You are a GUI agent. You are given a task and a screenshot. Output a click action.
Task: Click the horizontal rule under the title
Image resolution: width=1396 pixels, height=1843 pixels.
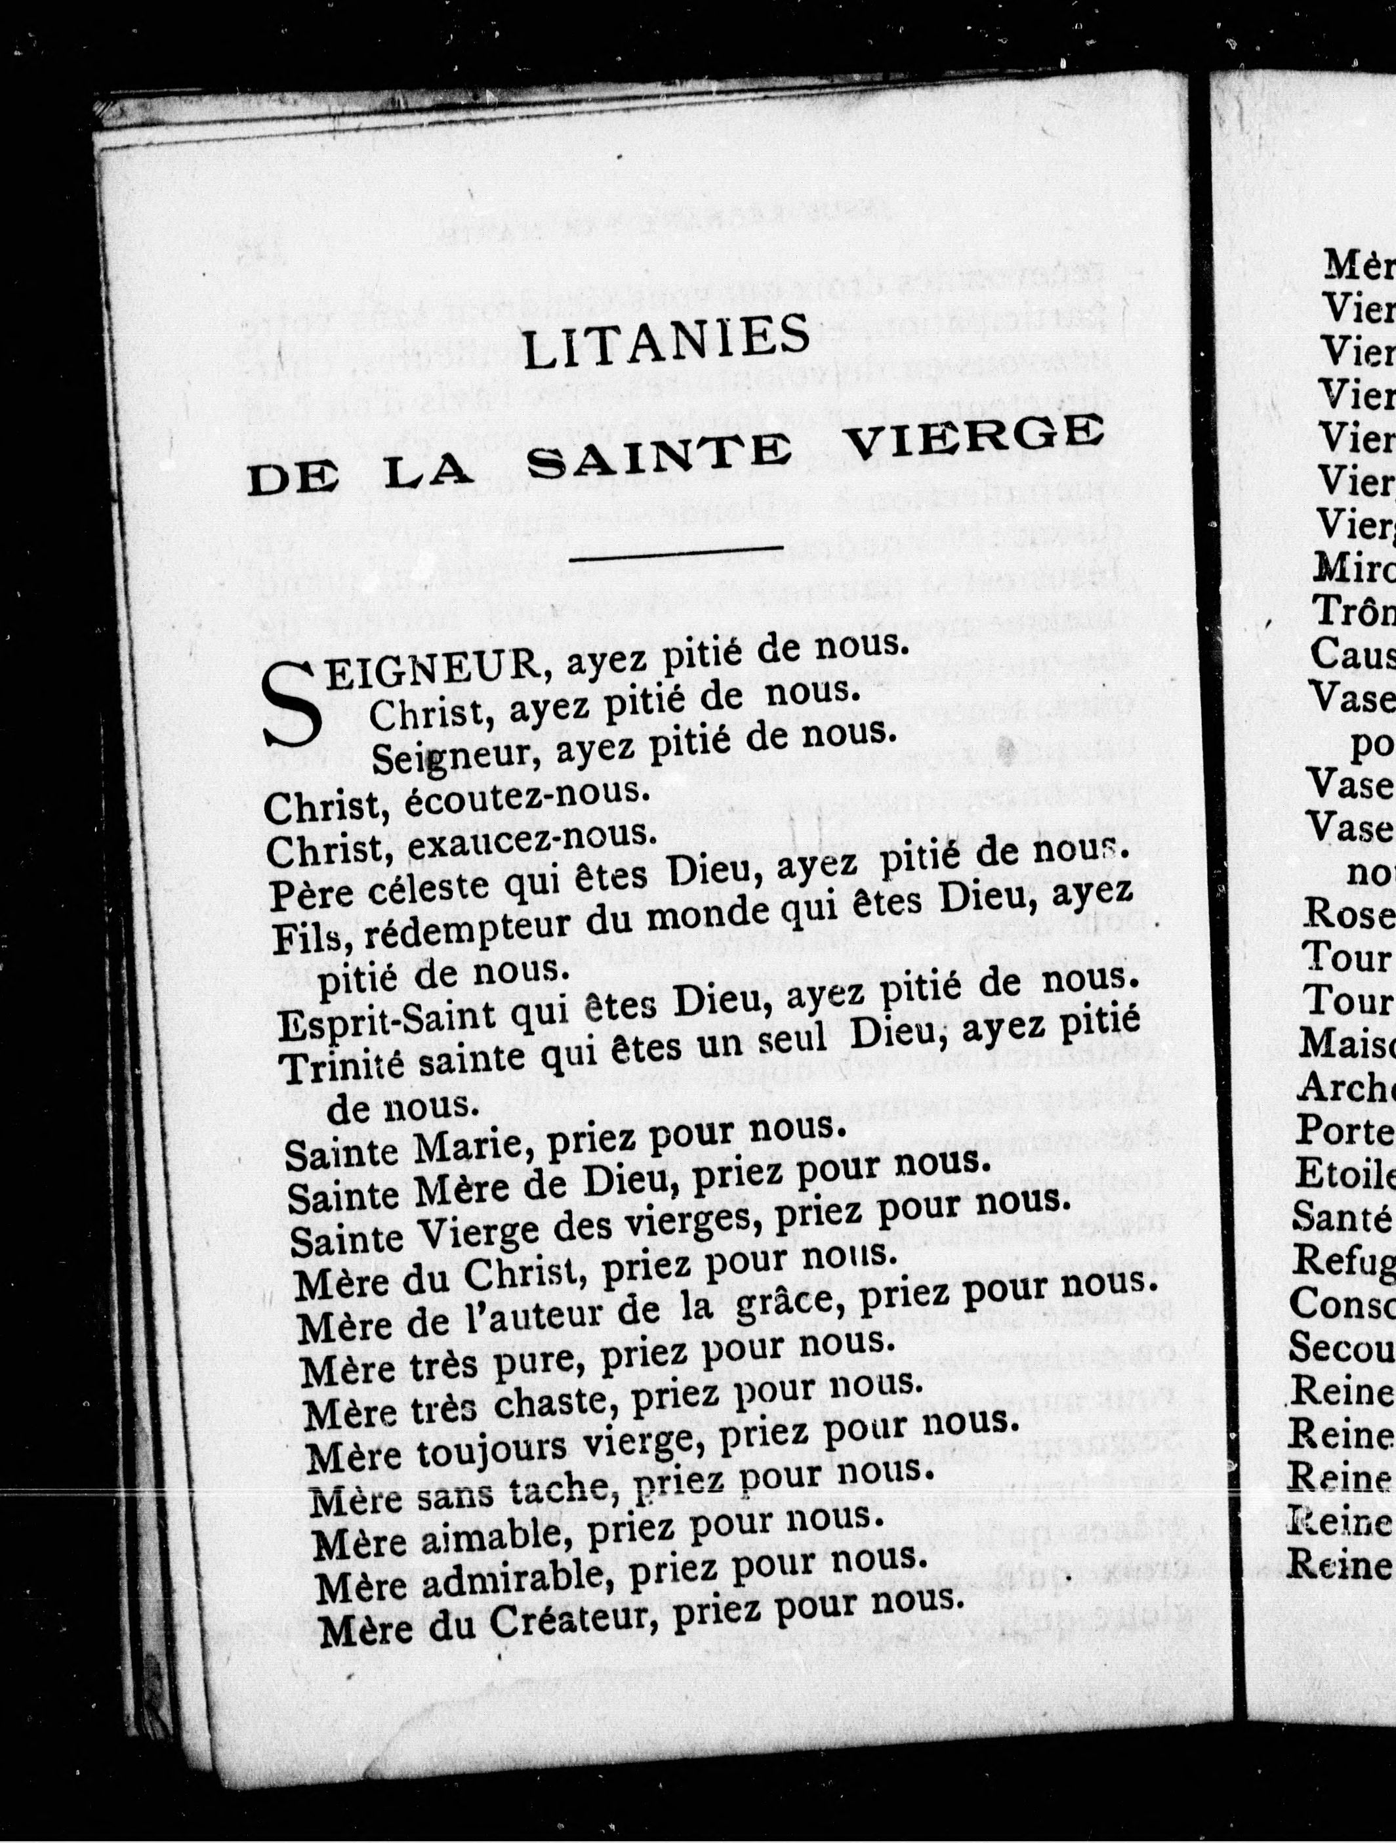point(676,553)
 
